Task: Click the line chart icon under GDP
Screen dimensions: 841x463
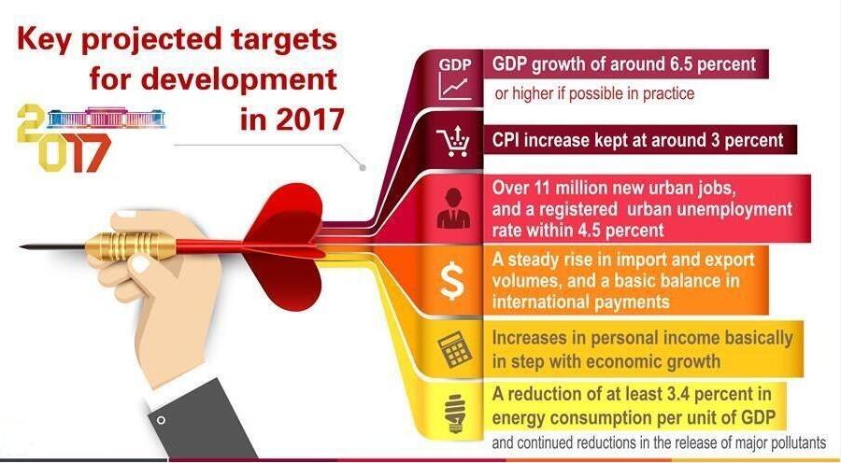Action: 455,86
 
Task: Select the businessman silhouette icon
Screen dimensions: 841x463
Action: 454,208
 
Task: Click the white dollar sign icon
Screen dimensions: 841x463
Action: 452,281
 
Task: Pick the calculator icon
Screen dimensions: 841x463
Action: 455,349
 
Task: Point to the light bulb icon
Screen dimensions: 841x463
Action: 455,414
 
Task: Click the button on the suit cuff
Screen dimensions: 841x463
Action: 161,420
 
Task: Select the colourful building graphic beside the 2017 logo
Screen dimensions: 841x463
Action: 107,118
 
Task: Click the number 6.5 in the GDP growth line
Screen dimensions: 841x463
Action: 683,64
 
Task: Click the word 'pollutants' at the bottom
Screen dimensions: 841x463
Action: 798,443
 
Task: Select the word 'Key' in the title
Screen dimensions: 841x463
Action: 43,40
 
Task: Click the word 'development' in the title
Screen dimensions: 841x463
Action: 238,80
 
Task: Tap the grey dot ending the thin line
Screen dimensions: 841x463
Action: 362,168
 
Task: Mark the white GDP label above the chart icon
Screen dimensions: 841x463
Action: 455,64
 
